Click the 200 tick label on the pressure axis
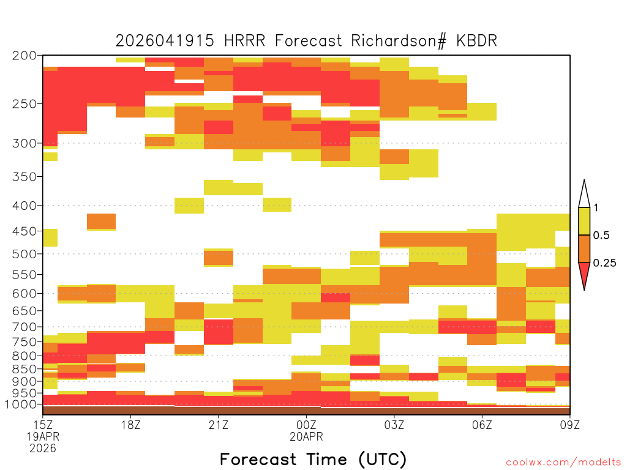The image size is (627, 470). pyautogui.click(x=24, y=56)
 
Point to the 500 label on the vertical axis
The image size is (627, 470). pyautogui.click(x=24, y=254)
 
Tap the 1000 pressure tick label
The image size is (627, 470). pyautogui.click(x=20, y=405)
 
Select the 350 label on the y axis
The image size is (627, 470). pyautogui.click(x=24, y=177)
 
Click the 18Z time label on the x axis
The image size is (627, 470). pyautogui.click(x=131, y=425)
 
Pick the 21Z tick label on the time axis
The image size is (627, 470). pyautogui.click(x=219, y=425)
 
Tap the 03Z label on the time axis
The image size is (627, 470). pyautogui.click(x=394, y=425)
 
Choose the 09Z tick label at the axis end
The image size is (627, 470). pyautogui.click(x=570, y=425)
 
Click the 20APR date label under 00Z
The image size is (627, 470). pyautogui.click(x=306, y=436)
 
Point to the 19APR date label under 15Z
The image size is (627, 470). pyautogui.click(x=43, y=436)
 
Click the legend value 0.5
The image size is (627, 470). pyautogui.click(x=601, y=236)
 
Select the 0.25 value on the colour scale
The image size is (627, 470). pyautogui.click(x=604, y=263)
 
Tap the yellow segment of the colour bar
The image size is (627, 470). pyautogui.click(x=584, y=221)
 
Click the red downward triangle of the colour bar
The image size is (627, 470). pyautogui.click(x=584, y=274)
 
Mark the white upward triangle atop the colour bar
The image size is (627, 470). pyautogui.click(x=584, y=196)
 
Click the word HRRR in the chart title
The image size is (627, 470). pyautogui.click(x=245, y=41)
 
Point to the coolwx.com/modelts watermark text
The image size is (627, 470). pyautogui.click(x=563, y=463)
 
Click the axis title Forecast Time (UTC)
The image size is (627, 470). pyautogui.click(x=313, y=459)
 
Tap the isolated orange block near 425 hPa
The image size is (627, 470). pyautogui.click(x=102, y=222)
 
